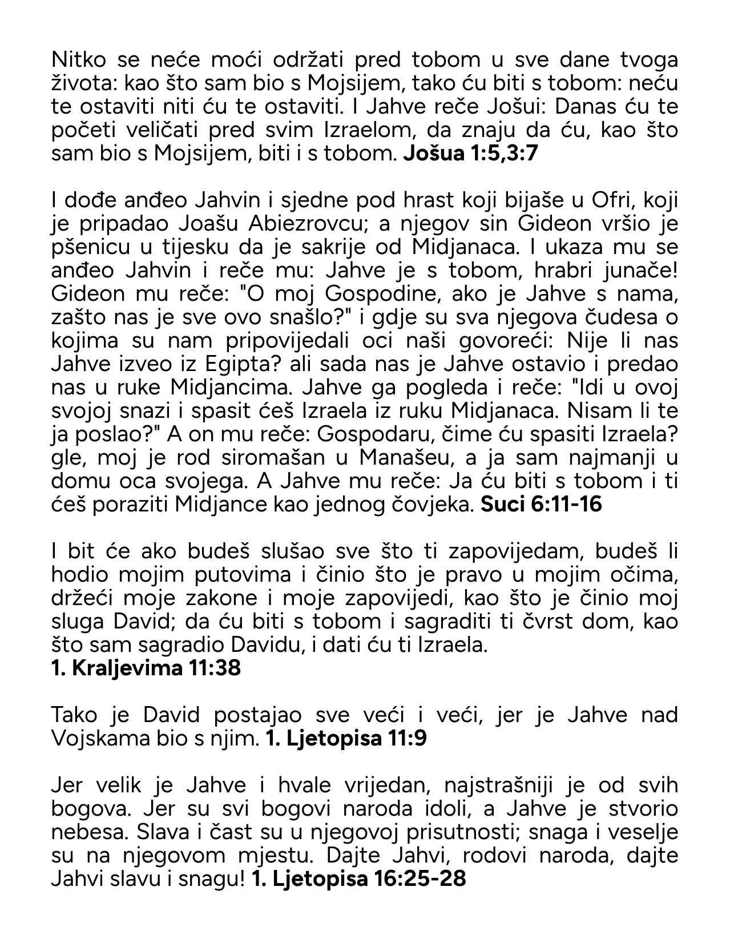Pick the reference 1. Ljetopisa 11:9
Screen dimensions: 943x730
[346, 739]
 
